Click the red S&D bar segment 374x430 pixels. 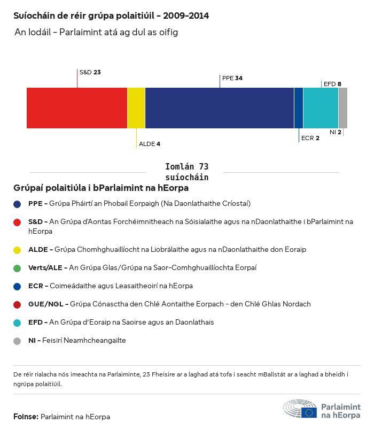[77, 108]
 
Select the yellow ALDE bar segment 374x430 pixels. [136, 108]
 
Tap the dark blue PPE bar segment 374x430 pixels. [220, 108]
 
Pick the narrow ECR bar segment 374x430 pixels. [299, 108]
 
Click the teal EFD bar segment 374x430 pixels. [321, 108]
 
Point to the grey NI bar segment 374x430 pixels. [343, 108]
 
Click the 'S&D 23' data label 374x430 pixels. [90, 72]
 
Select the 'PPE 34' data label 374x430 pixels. [232, 78]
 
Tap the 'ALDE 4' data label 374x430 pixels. [150, 144]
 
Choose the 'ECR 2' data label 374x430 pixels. [310, 138]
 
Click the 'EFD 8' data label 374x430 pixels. [332, 84]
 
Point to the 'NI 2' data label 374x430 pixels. [336, 132]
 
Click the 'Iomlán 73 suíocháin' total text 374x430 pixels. [186, 172]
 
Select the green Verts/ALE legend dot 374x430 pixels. [17, 267]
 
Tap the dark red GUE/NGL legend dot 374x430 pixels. [17, 304]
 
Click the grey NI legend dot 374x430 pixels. [17, 340]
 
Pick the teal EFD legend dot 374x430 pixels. [17, 322]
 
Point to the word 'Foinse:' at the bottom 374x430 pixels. [26, 417]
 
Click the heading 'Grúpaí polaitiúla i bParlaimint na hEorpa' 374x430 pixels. [101, 188]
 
